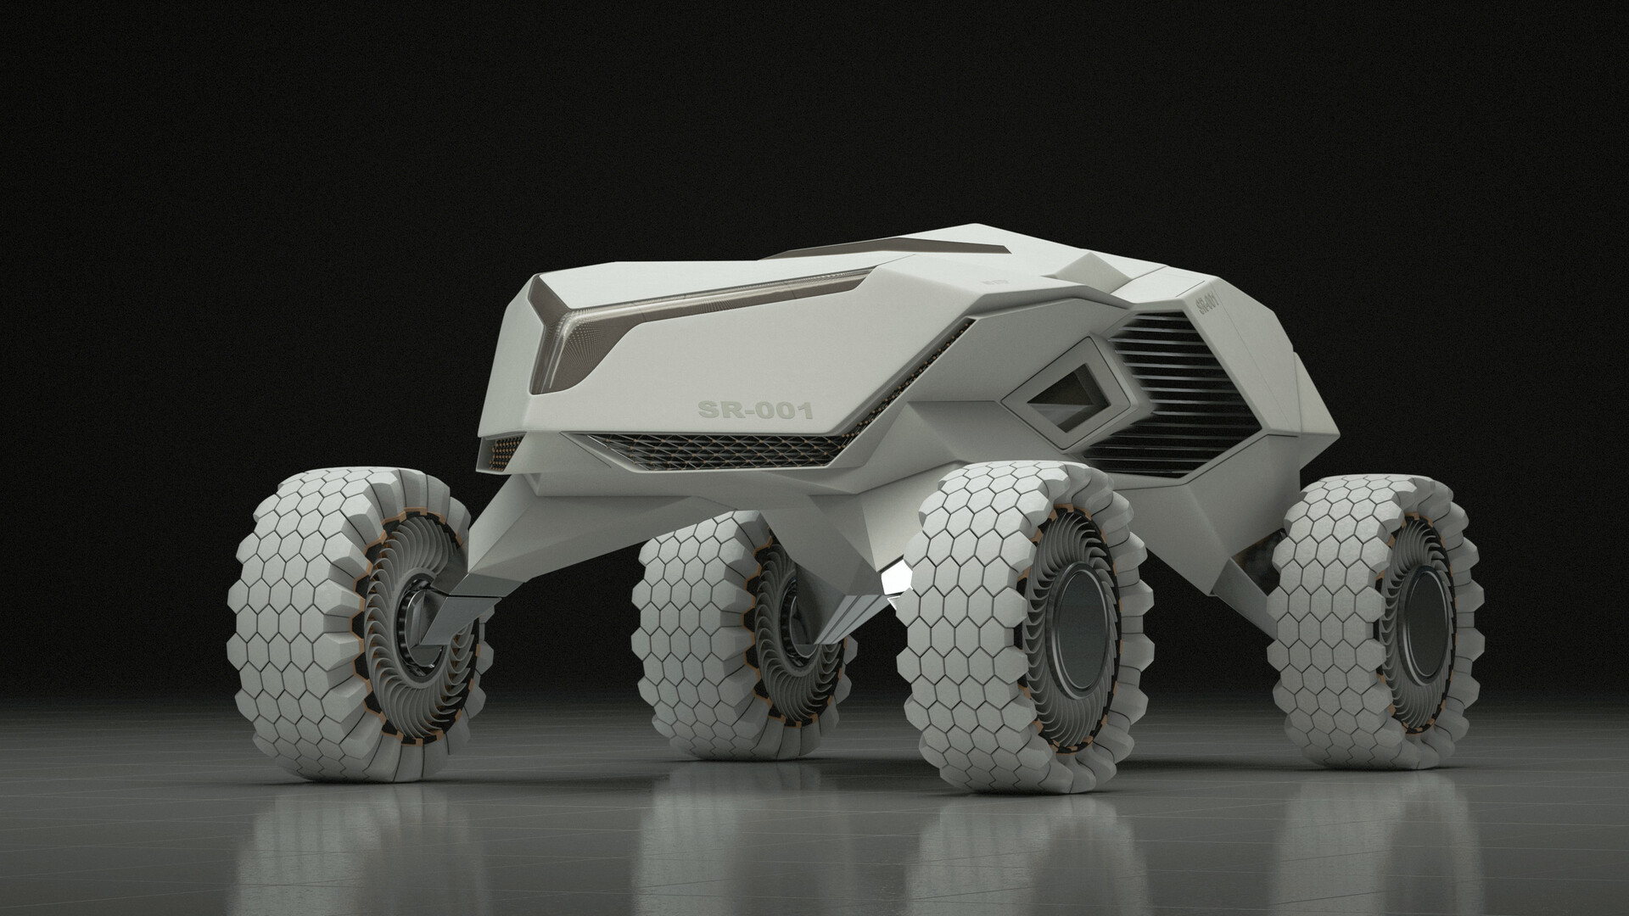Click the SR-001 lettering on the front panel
(754, 411)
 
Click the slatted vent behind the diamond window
(1171, 382)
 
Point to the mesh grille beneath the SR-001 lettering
(713, 449)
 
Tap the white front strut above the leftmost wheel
(509, 526)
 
